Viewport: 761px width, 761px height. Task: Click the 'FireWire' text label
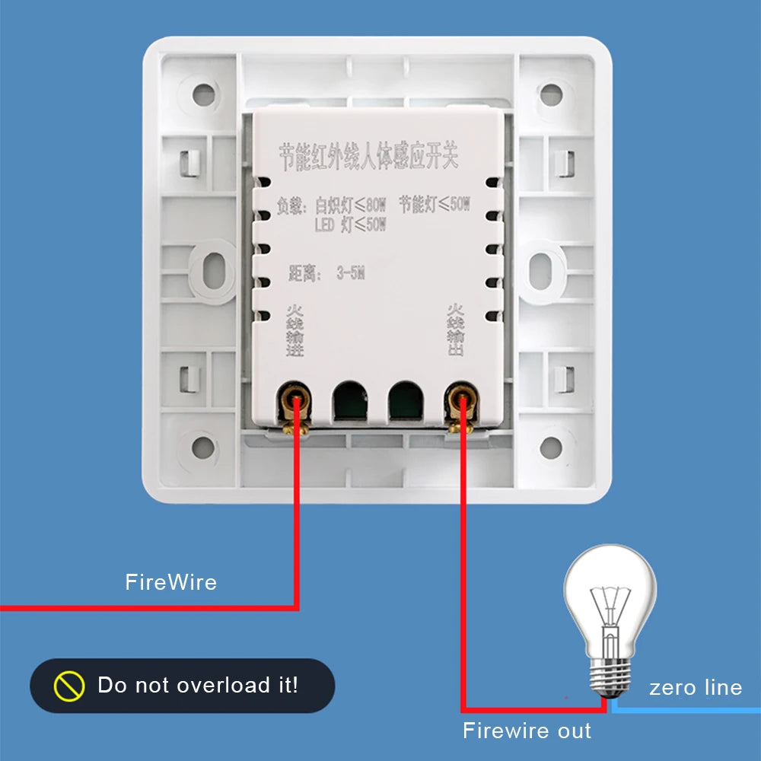pos(170,583)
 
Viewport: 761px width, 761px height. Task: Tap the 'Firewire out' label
pos(527,731)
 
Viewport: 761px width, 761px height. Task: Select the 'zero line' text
pos(695,688)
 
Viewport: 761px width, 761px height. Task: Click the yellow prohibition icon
pos(69,686)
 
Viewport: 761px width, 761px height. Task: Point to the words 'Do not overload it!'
pos(198,685)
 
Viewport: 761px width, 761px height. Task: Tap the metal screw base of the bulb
pos(610,673)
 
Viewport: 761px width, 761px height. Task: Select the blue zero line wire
pos(685,708)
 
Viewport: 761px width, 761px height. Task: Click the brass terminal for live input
pos(295,403)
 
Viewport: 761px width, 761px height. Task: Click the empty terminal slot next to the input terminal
pos(349,400)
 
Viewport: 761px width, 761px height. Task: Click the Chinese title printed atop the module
pos(368,156)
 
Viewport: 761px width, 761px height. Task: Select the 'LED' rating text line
pos(350,224)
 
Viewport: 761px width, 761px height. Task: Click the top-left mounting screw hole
pos(203,95)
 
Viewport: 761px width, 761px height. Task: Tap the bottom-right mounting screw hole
pos(550,447)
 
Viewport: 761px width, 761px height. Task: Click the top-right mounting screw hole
pos(550,95)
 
